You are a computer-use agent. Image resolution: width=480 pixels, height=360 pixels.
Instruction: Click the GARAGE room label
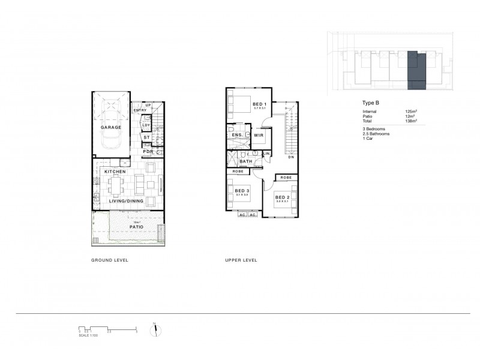point(111,127)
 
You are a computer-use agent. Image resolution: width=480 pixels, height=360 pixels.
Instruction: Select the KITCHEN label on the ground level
point(115,172)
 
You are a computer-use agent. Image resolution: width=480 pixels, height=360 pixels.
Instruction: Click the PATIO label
point(136,227)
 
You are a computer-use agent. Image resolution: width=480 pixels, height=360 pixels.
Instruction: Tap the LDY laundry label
point(146,125)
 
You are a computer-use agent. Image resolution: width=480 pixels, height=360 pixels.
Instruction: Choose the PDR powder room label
point(147,152)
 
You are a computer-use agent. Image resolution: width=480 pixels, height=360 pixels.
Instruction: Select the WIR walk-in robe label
point(259,136)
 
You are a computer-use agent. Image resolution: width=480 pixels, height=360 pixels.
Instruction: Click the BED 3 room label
point(241,191)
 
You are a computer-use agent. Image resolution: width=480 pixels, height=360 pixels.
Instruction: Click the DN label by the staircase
point(290,157)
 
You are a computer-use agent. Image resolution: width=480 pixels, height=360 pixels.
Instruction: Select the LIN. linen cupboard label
point(266,154)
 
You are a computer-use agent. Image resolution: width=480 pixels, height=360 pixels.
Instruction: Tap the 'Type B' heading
point(371,103)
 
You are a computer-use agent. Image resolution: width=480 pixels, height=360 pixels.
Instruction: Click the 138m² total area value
point(411,121)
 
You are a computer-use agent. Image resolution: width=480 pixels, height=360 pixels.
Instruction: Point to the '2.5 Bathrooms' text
point(376,134)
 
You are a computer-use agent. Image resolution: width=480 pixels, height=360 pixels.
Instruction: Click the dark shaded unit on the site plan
point(416,71)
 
